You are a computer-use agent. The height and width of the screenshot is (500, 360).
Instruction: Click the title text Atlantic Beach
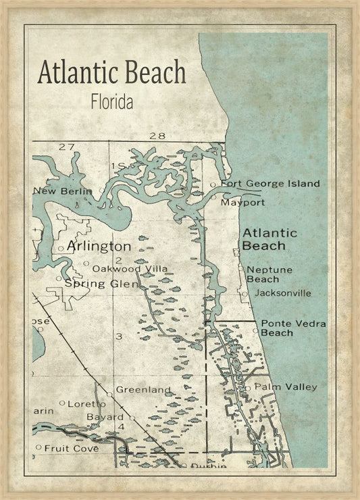coord(111,73)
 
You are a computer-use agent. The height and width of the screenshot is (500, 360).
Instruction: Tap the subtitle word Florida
coord(111,103)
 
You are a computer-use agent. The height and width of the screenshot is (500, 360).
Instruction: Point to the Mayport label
coord(242,202)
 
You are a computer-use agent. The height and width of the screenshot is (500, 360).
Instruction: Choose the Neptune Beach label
coord(269,274)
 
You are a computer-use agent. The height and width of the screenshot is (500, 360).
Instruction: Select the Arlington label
coord(99,245)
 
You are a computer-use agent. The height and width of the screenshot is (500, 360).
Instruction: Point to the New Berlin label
coord(62,191)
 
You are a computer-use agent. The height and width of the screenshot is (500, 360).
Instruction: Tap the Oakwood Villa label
coord(130,269)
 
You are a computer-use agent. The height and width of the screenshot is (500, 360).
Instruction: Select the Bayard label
coord(104,417)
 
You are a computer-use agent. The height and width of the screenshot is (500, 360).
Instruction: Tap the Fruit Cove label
coord(72,447)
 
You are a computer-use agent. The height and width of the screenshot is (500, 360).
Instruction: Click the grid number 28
coord(157,136)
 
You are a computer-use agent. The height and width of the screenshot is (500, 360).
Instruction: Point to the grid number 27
coord(66,147)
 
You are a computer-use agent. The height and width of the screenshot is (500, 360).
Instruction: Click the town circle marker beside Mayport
coord(213,199)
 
